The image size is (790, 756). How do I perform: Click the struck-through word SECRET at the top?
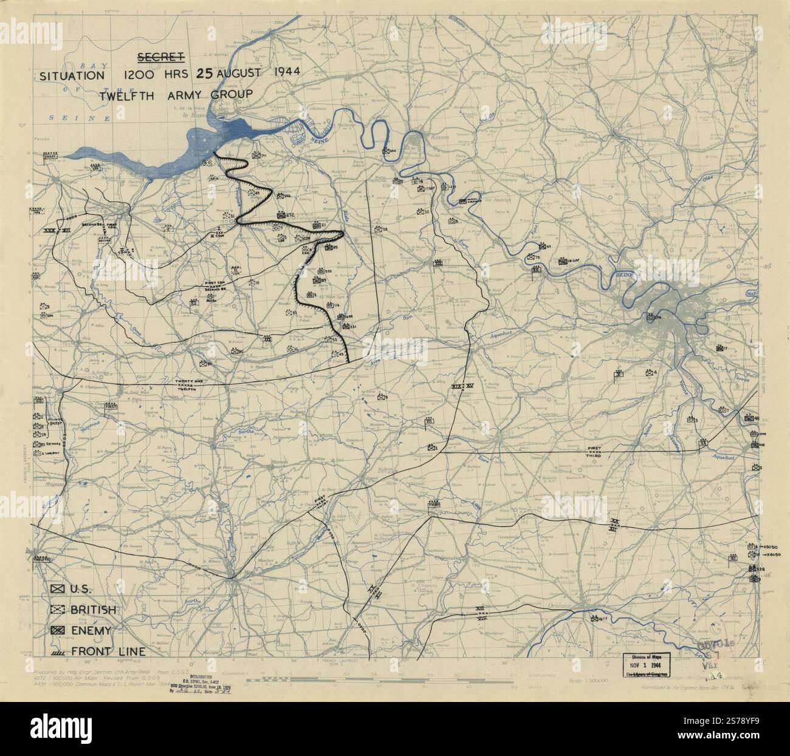click(161, 58)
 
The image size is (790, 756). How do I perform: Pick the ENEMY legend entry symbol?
click(58, 631)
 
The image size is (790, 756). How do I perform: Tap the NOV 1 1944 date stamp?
click(650, 666)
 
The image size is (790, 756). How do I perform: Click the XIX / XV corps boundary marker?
click(462, 386)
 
